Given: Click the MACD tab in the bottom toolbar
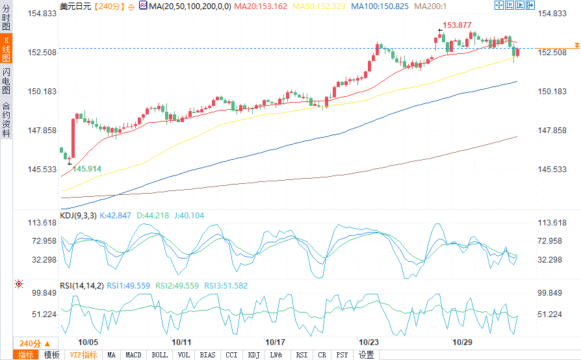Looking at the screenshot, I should [x=133, y=355].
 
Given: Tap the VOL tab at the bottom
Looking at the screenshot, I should [x=184, y=355].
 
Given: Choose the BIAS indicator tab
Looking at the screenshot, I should [x=208, y=355].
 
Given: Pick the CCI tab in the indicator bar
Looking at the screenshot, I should [x=231, y=355].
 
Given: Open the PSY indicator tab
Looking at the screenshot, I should [x=342, y=355].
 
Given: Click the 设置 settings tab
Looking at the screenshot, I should [x=367, y=355].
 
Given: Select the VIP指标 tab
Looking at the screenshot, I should [x=83, y=355].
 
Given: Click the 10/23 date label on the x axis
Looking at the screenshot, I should [x=369, y=342].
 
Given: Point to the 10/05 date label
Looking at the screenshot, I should [x=88, y=342].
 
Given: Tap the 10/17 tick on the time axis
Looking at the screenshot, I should [x=276, y=342].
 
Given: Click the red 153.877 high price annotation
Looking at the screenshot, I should [x=457, y=25].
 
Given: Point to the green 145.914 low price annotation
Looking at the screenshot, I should [x=86, y=168].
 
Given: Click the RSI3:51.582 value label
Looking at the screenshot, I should [x=226, y=285].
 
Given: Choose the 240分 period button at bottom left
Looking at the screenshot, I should [x=30, y=343].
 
